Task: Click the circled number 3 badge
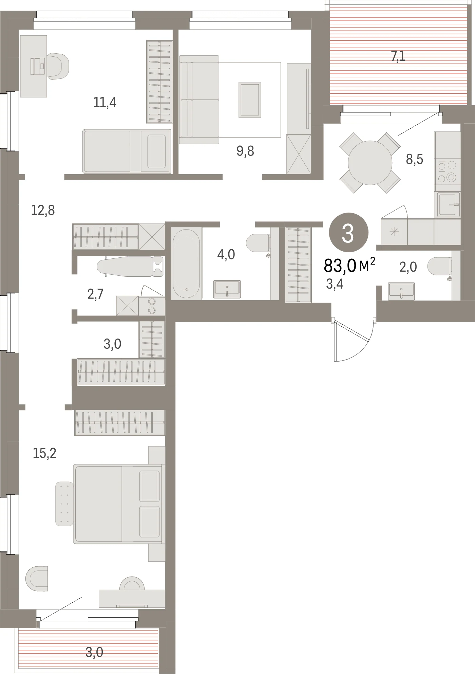coord(348,233)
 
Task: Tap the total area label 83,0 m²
coord(349,265)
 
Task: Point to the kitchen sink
coord(448,204)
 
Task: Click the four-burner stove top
coord(447,171)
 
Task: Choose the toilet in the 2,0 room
coord(440,266)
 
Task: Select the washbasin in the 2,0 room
coord(401,291)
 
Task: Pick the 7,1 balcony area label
coord(398,56)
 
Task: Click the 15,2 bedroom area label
coord(44,453)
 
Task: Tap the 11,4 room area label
coord(105,102)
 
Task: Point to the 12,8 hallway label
coord(43,210)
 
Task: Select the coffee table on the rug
coord(250,99)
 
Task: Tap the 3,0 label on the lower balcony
coord(94,652)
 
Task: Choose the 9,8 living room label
coord(245,151)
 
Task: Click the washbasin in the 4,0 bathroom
coord(227,289)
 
